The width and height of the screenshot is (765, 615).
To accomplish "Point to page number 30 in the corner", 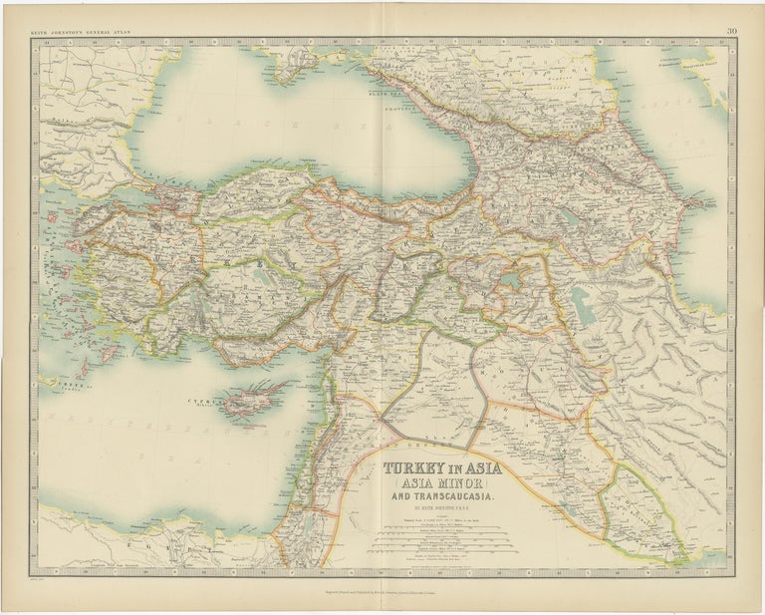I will [x=732, y=31].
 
